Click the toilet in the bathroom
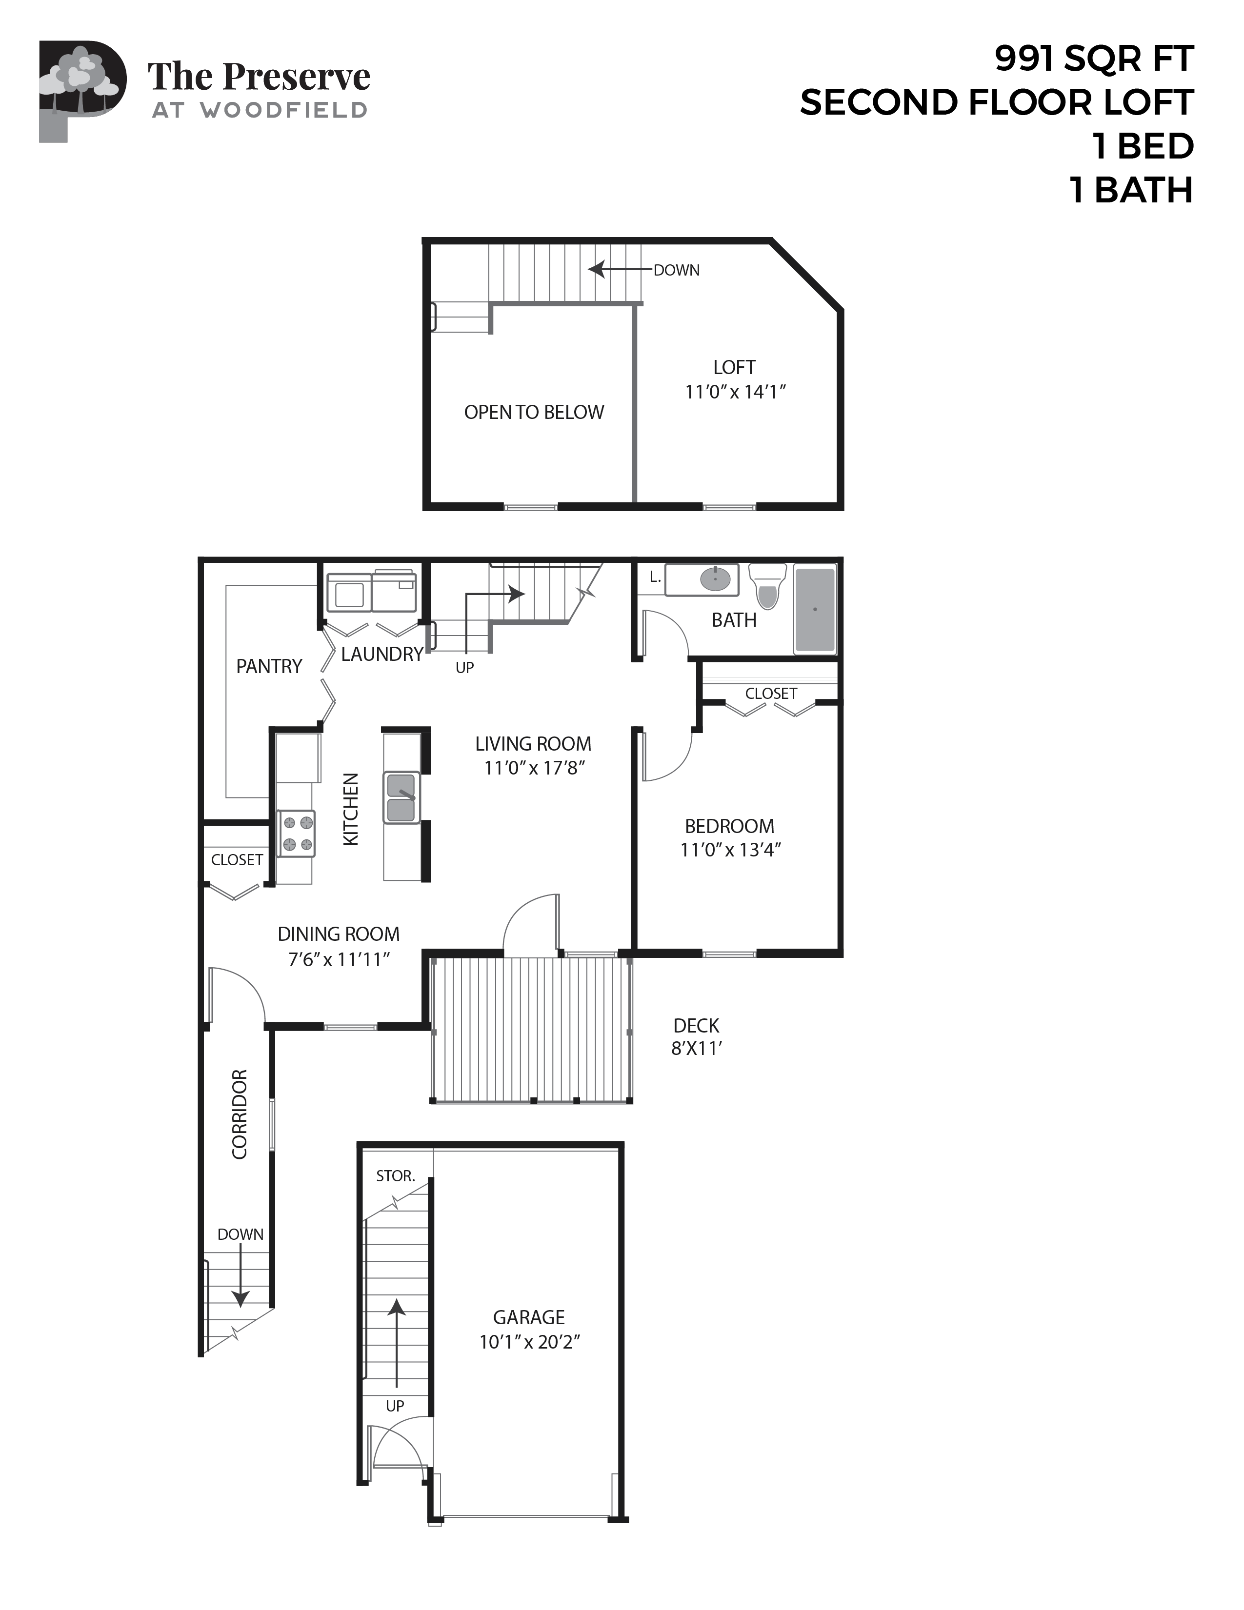(767, 587)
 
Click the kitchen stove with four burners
(297, 834)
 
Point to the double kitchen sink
(401, 797)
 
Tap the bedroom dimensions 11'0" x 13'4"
(730, 850)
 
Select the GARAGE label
(529, 1317)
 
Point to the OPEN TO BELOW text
(534, 412)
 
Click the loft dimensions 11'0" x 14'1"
(735, 392)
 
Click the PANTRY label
(269, 666)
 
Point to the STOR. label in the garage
(395, 1176)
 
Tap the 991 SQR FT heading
(1094, 59)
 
